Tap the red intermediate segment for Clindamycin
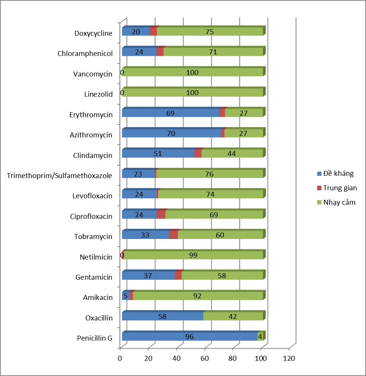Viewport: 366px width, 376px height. (197, 154)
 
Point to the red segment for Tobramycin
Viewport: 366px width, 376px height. (173, 235)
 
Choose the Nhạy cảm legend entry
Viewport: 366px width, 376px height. (339, 202)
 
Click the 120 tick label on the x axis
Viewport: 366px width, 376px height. (289, 358)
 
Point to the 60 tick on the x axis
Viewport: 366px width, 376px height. (205, 358)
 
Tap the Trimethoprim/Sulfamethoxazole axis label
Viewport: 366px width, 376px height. (59, 175)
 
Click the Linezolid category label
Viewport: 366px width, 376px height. (98, 94)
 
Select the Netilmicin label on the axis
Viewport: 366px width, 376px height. (96, 257)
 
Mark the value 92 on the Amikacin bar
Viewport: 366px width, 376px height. (197, 296)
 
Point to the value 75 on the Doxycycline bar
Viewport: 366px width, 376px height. (209, 32)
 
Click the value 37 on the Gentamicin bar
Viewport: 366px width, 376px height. (148, 276)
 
